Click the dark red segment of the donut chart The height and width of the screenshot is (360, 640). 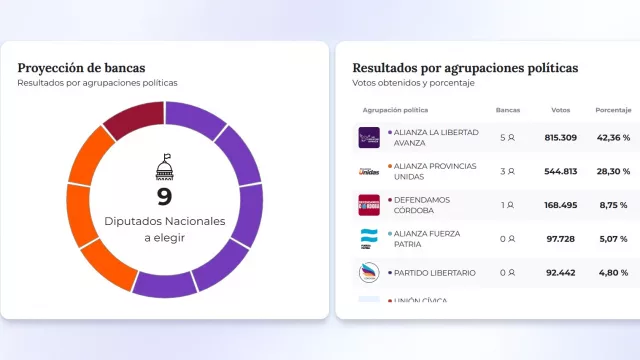[x=134, y=119]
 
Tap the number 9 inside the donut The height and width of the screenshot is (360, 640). [x=164, y=197]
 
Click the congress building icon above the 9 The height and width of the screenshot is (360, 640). [x=164, y=167]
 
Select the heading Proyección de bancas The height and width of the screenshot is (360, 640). [x=81, y=68]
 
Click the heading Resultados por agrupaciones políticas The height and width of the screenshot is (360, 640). [x=465, y=68]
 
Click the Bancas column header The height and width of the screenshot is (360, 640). [x=507, y=110]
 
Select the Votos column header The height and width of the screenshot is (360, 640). [x=561, y=110]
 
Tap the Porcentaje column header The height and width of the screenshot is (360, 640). [x=613, y=110]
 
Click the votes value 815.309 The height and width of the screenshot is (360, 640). [x=561, y=138]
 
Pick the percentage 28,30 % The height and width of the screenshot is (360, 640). [x=613, y=171]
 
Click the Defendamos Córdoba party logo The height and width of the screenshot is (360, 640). [x=369, y=205]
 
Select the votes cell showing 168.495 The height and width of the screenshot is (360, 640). [x=561, y=205]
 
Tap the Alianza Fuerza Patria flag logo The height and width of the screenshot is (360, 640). [x=369, y=238]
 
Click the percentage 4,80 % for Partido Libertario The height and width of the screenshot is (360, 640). [x=613, y=272]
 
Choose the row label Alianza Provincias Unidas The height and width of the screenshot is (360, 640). [x=435, y=171]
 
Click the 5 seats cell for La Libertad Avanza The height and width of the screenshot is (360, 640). [x=507, y=138]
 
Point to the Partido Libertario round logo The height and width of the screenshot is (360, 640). [x=369, y=272]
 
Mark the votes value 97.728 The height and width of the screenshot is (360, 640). [x=561, y=238]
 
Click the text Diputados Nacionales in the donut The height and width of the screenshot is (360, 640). [x=164, y=221]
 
